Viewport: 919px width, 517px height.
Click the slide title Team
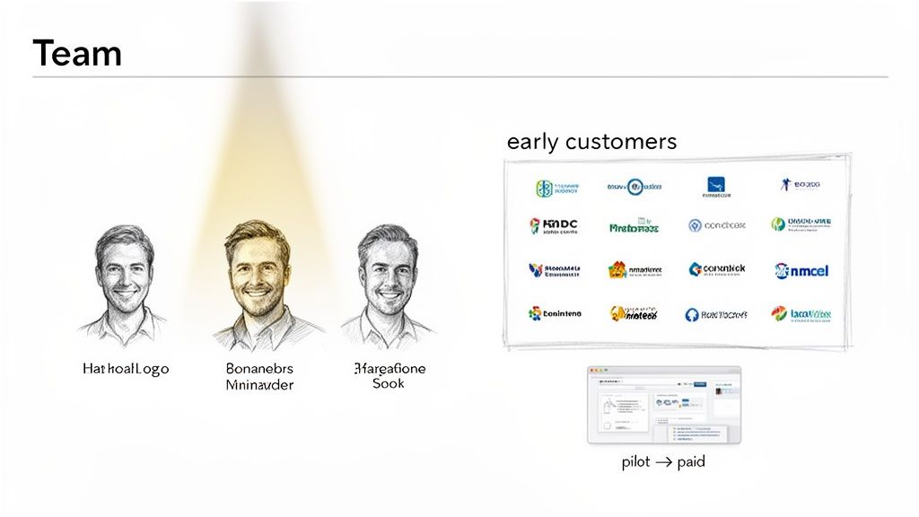[x=76, y=54]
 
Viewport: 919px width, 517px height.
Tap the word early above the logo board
[x=531, y=142]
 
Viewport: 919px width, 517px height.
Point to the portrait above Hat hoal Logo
[x=126, y=274]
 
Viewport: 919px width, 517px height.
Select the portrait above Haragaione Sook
[x=389, y=274]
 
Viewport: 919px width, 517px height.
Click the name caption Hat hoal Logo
[x=126, y=369]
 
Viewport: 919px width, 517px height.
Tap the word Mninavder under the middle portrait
[x=259, y=385]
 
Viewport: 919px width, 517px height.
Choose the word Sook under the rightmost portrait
[x=389, y=384]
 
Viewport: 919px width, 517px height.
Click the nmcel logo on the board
[x=801, y=270]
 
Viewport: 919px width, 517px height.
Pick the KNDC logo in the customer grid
[x=554, y=225]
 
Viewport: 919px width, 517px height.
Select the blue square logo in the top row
[x=715, y=186]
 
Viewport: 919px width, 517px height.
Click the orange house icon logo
[x=617, y=269]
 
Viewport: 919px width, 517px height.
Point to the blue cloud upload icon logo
[x=692, y=315]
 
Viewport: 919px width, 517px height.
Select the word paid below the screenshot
[x=691, y=462]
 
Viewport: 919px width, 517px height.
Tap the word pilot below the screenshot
[x=636, y=462]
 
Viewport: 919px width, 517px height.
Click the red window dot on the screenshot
[x=592, y=371]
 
